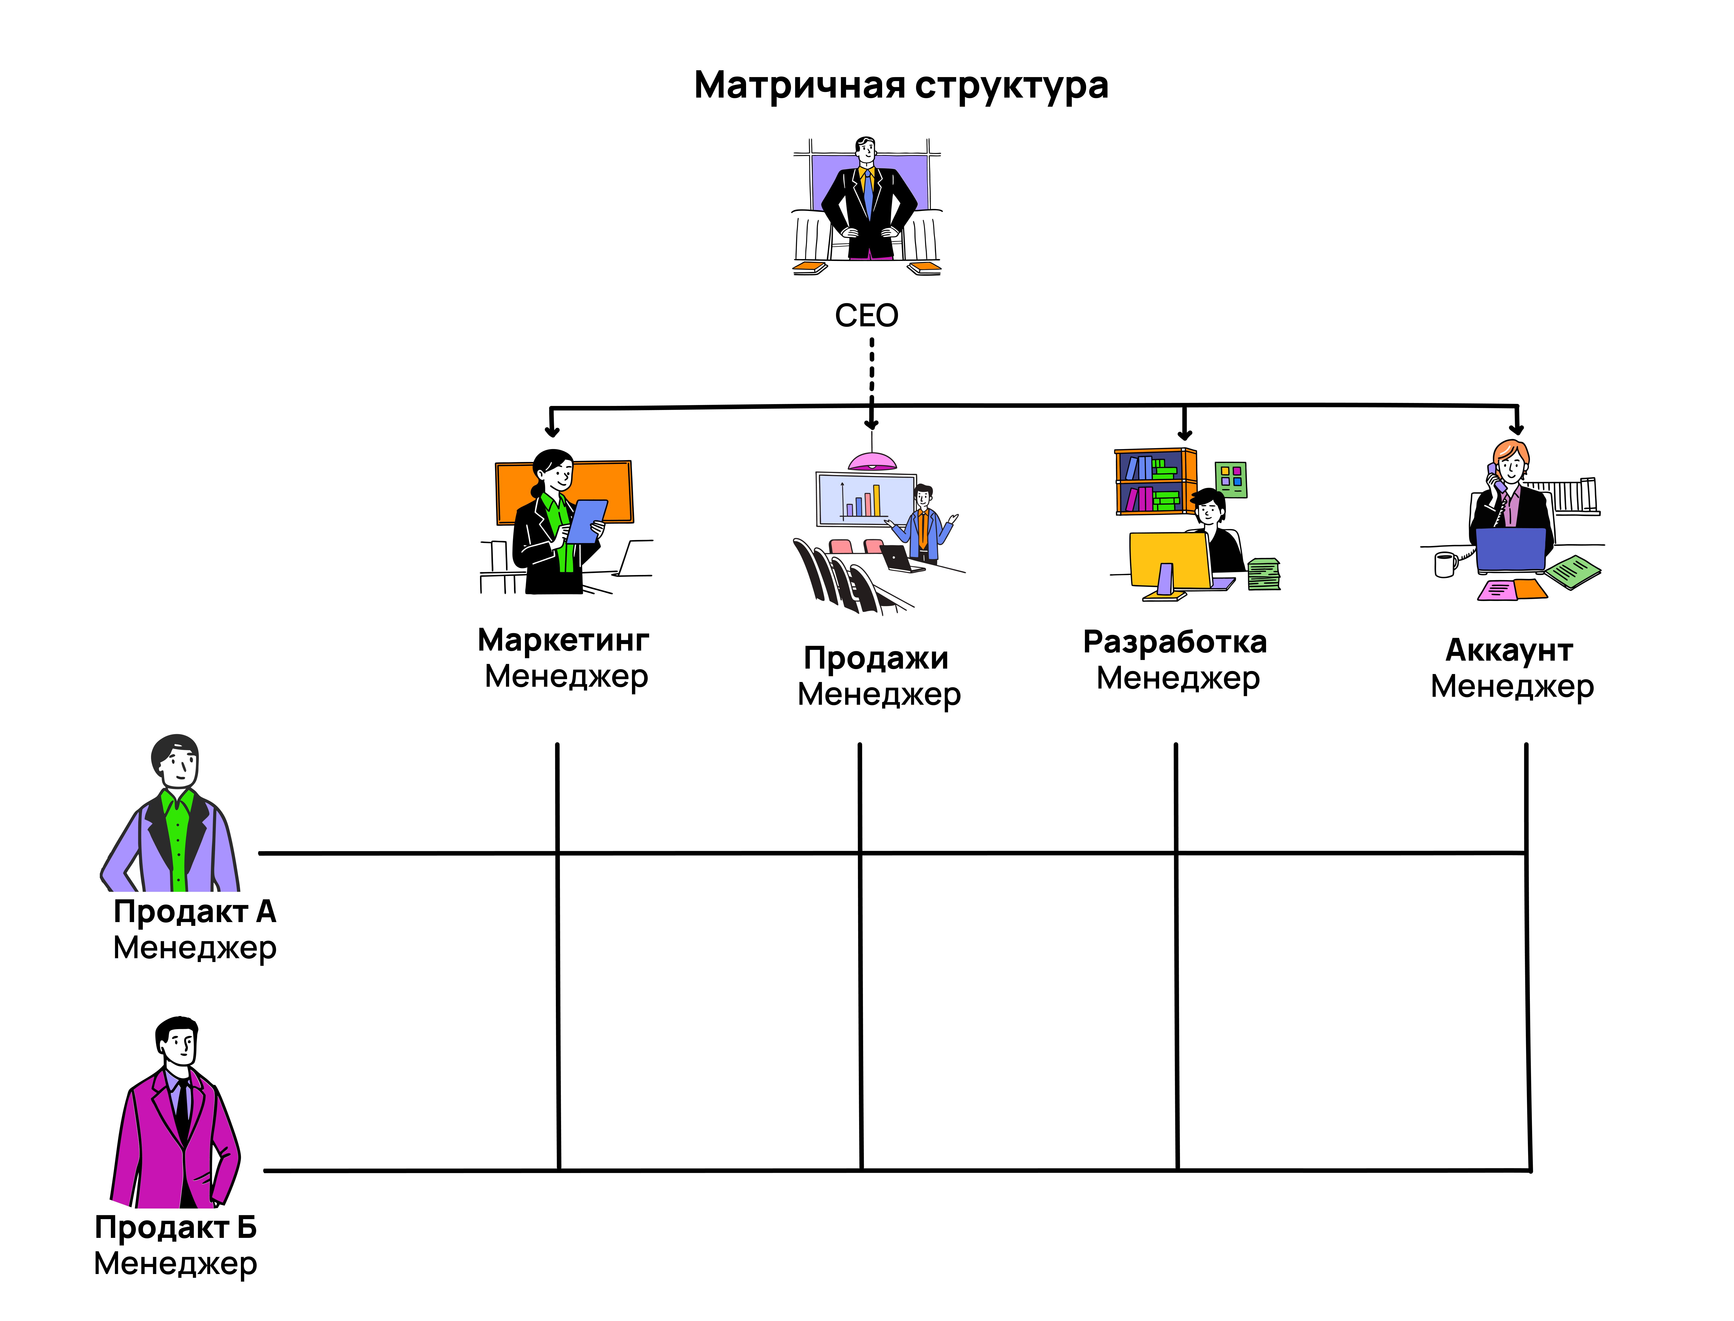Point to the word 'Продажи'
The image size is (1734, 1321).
(876, 658)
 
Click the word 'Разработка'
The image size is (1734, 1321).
(1174, 642)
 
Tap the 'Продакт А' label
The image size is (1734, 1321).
(194, 911)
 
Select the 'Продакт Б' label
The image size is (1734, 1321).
(175, 1227)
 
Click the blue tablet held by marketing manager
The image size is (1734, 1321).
(586, 520)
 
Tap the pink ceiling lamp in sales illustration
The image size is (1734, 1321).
(872, 461)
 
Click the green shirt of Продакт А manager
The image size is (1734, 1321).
(178, 841)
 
